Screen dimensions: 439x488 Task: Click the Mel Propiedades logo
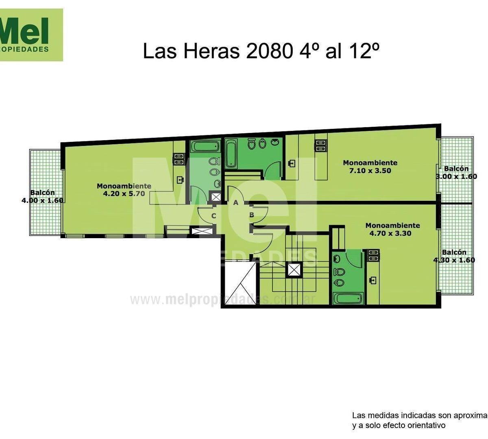(x=31, y=35)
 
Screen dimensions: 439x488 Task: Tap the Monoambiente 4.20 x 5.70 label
(x=124, y=190)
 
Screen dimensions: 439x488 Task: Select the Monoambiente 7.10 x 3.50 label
(x=370, y=167)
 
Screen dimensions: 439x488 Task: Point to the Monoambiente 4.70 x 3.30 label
(x=392, y=229)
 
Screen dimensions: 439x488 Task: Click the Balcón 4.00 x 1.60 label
(x=42, y=196)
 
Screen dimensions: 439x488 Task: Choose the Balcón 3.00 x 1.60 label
(x=456, y=172)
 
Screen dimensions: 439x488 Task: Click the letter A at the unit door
(x=235, y=203)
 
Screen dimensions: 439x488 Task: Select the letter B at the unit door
(x=251, y=215)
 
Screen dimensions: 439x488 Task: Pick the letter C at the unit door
(x=213, y=216)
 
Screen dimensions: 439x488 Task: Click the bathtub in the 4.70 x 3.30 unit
(x=348, y=298)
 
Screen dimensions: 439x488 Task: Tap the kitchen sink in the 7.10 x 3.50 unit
(x=292, y=163)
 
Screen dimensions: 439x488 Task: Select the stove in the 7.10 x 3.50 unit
(x=320, y=146)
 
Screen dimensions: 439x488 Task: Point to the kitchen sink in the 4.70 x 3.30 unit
(x=373, y=280)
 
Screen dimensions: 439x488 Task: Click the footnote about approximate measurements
(x=419, y=420)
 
